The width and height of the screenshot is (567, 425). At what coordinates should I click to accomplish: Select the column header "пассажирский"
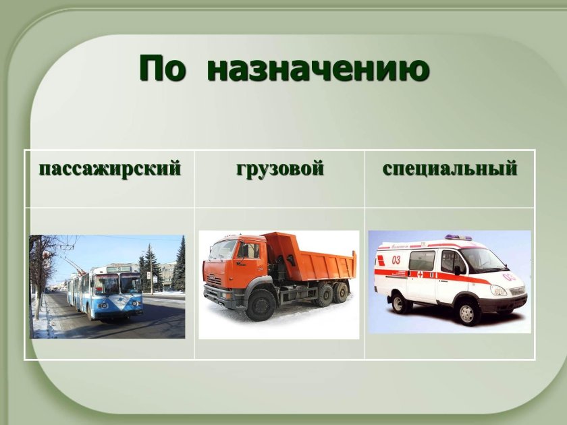(x=110, y=169)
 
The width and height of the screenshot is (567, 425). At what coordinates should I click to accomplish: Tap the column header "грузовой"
(x=280, y=169)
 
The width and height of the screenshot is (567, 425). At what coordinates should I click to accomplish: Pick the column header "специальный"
(x=450, y=169)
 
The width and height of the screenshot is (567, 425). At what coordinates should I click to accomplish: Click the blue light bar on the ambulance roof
(x=458, y=237)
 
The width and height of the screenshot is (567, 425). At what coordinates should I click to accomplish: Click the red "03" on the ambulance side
(x=396, y=259)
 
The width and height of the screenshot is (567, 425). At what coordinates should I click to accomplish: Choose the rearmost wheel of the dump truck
(x=341, y=292)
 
